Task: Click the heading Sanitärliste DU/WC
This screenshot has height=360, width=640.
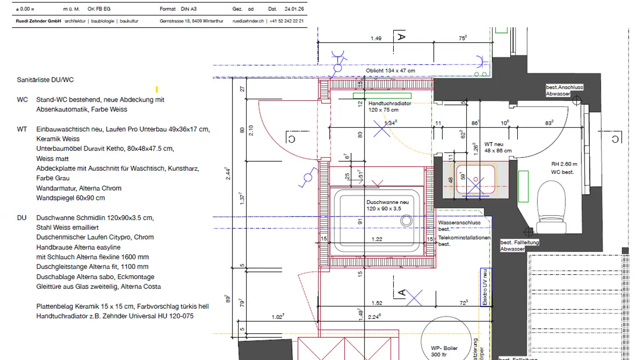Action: [45, 80]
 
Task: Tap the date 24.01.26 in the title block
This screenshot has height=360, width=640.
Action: [295, 9]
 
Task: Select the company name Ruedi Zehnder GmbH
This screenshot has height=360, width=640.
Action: [36, 21]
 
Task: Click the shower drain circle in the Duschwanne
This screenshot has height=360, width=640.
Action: [406, 220]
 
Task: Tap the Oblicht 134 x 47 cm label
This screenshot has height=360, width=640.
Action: [390, 71]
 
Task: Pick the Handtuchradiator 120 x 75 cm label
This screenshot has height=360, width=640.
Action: [390, 107]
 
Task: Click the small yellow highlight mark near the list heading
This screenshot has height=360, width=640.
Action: [157, 89]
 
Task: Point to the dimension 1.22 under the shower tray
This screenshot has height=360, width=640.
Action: [376, 240]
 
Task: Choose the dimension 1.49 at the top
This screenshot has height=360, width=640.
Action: [376, 39]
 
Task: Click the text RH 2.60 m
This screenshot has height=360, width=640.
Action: [564, 164]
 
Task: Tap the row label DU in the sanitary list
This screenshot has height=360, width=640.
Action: [22, 217]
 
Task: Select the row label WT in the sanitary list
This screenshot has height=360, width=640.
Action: [22, 129]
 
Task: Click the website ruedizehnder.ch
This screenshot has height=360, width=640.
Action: [248, 21]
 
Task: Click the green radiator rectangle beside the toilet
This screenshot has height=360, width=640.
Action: [523, 186]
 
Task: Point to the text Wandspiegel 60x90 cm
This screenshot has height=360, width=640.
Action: [71, 198]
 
